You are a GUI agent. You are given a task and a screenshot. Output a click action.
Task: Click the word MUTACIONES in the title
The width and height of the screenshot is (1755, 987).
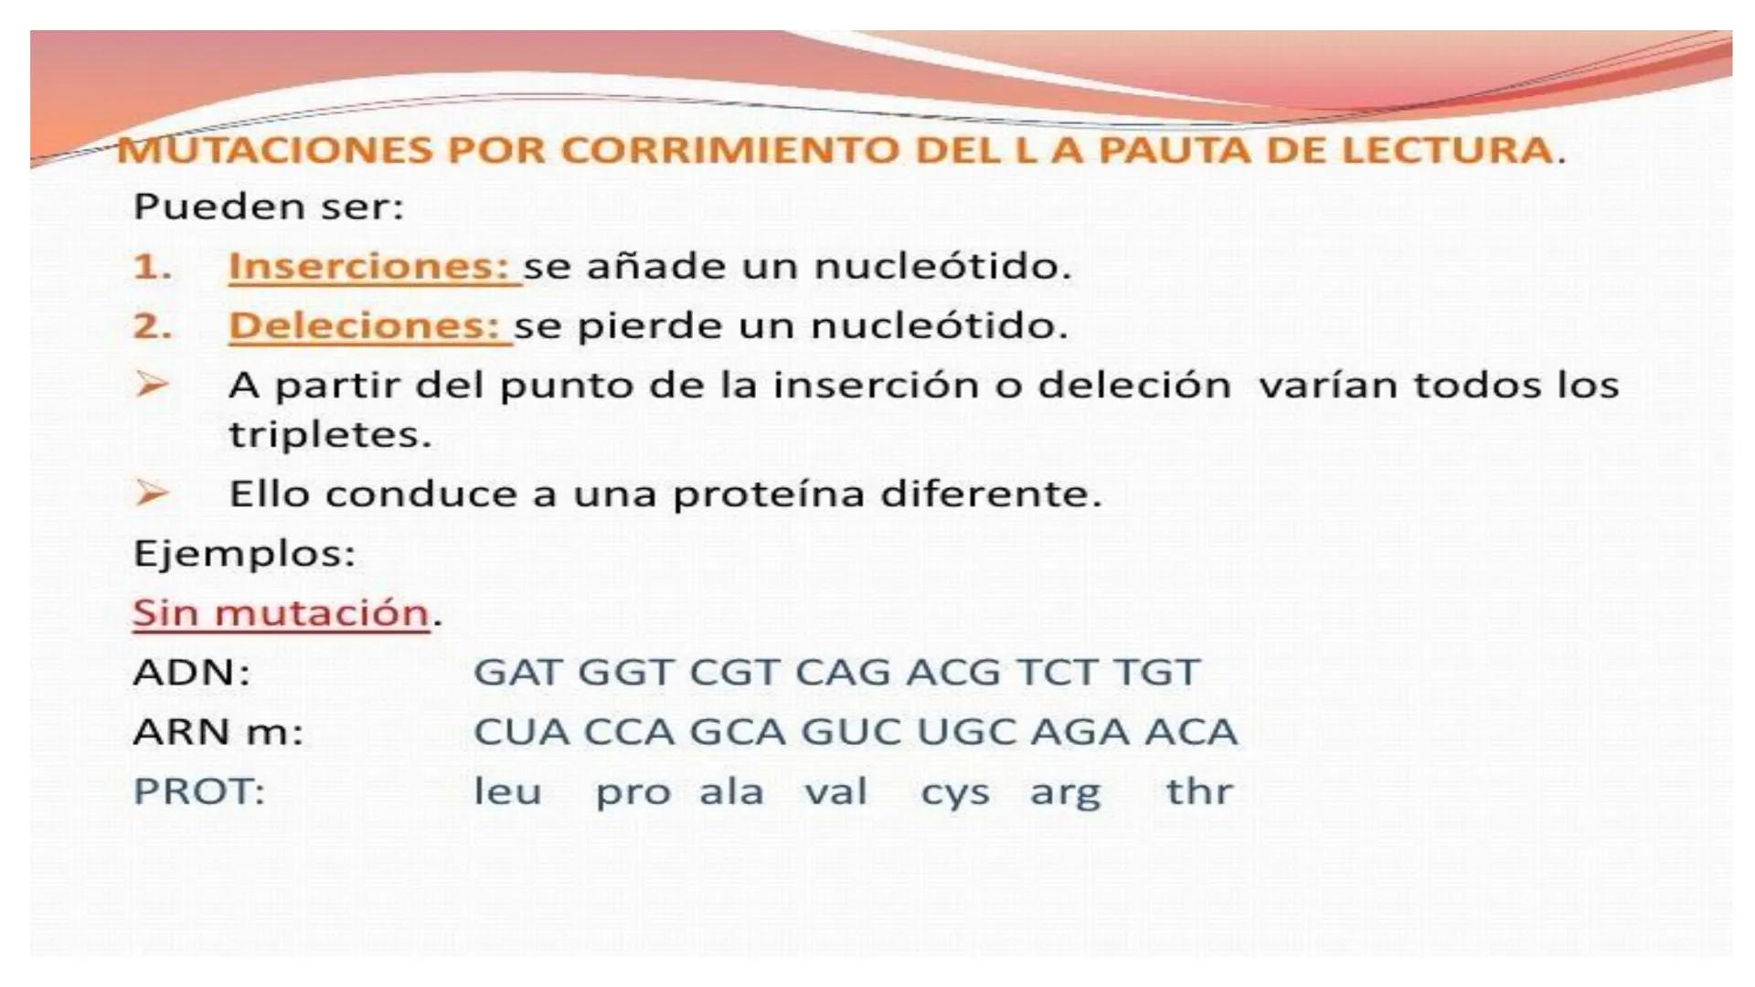(274, 151)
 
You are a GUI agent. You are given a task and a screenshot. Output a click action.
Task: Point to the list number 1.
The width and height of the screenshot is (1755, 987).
(152, 267)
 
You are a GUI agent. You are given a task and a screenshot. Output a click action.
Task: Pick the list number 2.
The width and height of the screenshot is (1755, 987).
(152, 326)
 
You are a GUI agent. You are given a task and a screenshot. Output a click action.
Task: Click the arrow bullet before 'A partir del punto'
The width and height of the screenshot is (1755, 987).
(152, 385)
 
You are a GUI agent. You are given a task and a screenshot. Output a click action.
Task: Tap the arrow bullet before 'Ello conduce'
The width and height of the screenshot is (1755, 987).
(152, 493)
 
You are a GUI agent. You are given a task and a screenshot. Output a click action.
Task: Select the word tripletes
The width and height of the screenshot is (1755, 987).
(329, 435)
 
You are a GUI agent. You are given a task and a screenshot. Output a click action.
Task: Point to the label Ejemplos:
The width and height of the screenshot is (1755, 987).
(244, 554)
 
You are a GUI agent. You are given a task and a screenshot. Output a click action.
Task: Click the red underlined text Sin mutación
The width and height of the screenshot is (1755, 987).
(281, 613)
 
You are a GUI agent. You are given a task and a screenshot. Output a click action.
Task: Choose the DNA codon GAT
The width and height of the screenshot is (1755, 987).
(517, 673)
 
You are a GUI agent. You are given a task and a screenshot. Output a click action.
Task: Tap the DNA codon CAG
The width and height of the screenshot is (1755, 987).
(843, 673)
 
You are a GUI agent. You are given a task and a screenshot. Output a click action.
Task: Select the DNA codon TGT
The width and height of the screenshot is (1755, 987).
(1155, 673)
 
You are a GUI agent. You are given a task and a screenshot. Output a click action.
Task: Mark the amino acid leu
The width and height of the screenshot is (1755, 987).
(507, 791)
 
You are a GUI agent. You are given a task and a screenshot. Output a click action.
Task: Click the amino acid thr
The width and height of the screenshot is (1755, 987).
(1199, 791)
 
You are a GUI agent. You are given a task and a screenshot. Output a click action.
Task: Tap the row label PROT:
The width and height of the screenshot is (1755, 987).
(198, 791)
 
